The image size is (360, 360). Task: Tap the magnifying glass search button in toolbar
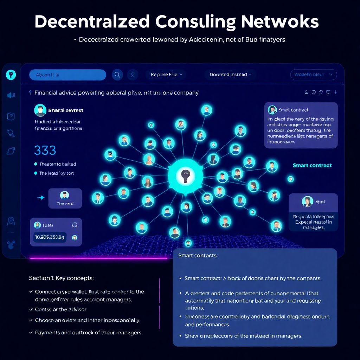click(x=117, y=75)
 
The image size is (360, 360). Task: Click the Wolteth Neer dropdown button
click(x=313, y=75)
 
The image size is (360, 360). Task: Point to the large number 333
click(x=45, y=150)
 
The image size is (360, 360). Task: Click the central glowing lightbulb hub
click(x=185, y=174)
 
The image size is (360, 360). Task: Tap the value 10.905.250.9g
click(x=49, y=237)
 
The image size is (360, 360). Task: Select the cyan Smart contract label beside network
click(x=312, y=165)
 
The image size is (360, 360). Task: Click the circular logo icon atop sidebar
click(x=11, y=74)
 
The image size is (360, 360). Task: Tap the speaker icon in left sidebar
click(x=11, y=95)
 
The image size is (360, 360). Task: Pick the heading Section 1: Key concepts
click(x=61, y=278)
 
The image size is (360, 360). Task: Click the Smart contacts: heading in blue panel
click(x=198, y=256)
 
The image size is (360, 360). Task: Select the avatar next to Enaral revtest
click(x=40, y=110)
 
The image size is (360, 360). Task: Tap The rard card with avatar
click(x=65, y=199)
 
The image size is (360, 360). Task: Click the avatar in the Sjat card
click(x=307, y=201)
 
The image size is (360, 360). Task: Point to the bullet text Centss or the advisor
click(x=60, y=309)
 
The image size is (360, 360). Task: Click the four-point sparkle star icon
click(x=41, y=198)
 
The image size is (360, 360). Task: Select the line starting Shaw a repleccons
click(x=243, y=336)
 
